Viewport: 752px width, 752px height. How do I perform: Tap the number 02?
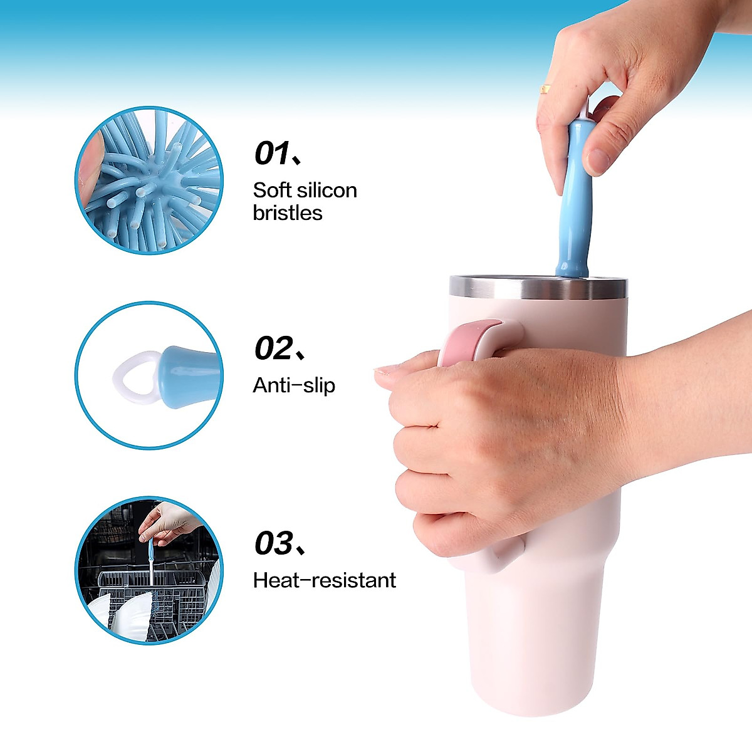273,348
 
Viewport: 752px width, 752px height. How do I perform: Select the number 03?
273,543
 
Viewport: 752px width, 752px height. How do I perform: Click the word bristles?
288,213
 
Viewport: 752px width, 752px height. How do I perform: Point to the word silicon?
326,190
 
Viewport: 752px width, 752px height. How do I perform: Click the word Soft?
272,190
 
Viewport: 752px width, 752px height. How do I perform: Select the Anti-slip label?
294,385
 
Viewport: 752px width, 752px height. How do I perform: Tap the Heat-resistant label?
325,580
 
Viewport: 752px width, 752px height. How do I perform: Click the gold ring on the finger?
546,89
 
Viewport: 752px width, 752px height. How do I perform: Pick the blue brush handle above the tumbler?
574,201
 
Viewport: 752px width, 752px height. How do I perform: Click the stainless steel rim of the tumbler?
538,287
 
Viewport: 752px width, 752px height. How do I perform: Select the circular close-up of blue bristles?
149,180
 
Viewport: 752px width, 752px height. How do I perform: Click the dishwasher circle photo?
149,570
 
